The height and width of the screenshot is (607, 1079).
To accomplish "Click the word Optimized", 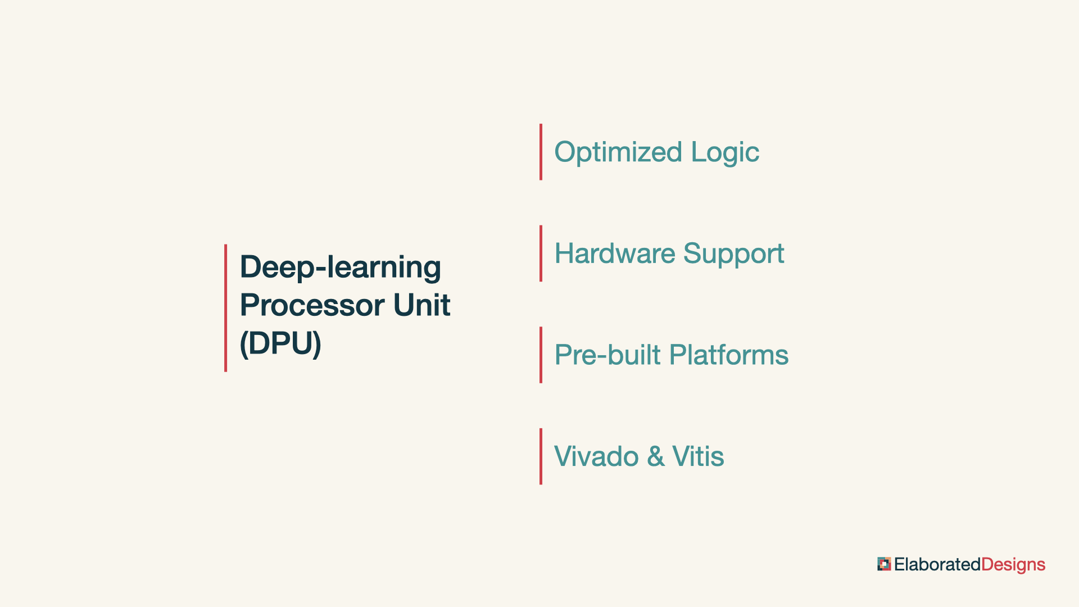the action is coord(618,152).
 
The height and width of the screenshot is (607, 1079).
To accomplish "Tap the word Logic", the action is coord(725,152).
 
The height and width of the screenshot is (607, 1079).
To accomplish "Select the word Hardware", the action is coord(615,253).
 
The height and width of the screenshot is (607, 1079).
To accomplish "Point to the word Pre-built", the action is coord(607,355).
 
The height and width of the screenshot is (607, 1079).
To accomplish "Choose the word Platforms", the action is coord(729,355).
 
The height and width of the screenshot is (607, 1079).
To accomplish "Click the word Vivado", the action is coord(596,456).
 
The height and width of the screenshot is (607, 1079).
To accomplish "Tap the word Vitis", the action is coord(698,456).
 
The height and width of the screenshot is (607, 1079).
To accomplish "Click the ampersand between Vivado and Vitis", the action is coord(656,456).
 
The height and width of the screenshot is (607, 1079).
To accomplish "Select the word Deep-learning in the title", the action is coord(341,268).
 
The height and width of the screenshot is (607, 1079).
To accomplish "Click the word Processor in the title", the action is coord(312,305).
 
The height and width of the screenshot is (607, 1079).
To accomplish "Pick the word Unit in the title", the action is coord(421,305).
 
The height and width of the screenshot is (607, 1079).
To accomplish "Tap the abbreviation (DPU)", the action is coord(280,343).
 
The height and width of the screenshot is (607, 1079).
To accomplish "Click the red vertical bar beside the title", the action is coord(225,308).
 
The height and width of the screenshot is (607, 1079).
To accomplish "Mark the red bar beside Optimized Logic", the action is coord(541,152).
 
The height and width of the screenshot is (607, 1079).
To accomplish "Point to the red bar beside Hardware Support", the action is coord(541,253).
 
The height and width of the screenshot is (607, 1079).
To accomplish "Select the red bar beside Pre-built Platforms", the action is coord(541,355).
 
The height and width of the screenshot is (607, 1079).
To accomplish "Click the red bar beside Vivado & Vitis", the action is coord(541,456).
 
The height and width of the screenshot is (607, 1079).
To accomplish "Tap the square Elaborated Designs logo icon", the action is coord(884,564).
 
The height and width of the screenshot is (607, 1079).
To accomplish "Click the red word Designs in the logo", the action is coord(1013,565).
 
